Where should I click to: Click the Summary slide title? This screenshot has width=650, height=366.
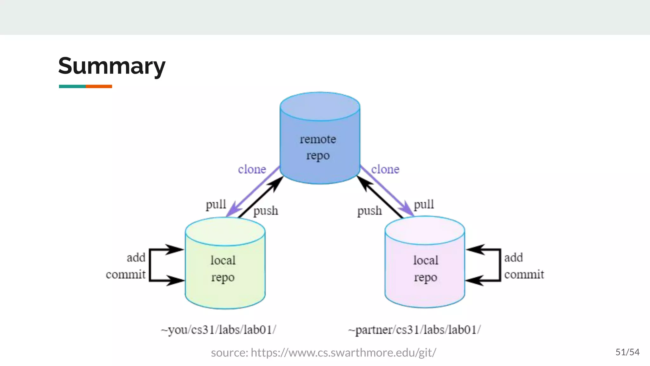coord(112,66)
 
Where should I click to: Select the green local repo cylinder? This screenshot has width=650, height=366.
coord(225,268)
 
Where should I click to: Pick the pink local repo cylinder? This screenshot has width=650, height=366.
coord(425,268)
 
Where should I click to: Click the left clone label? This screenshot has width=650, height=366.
coord(252,169)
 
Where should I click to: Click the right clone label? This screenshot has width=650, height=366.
coord(385,169)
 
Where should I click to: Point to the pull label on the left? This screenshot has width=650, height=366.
coord(216,205)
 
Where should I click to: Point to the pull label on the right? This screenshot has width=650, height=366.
coord(424,205)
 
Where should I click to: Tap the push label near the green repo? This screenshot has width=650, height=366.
coord(266,211)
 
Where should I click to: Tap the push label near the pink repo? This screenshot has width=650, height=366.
coord(369,211)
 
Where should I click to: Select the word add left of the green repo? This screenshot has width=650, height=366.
coord(136,257)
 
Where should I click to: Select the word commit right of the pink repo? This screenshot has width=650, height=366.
coord(524,274)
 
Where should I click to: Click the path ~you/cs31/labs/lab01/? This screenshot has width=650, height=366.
coord(218,330)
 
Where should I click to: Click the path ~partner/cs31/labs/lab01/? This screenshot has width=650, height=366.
coord(414,330)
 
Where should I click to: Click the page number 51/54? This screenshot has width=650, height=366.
coord(627,352)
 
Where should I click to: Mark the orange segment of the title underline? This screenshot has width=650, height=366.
coord(99,86)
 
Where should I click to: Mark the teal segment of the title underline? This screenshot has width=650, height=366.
coord(72,86)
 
